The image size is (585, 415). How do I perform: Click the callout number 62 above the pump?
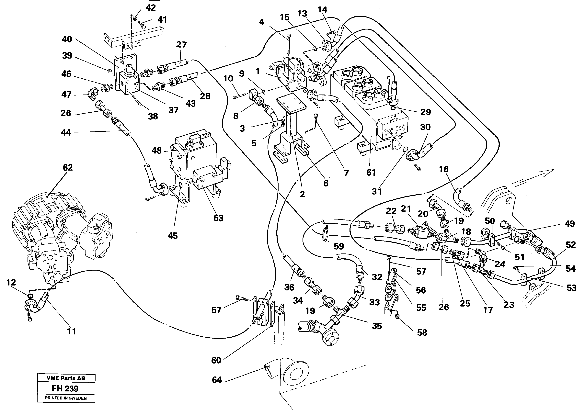click(68, 168)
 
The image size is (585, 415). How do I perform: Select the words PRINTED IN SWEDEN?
click(66, 398)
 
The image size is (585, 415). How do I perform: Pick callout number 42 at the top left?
click(151, 8)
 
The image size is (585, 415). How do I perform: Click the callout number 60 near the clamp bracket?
click(216, 360)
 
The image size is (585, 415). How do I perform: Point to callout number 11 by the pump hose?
click(71, 331)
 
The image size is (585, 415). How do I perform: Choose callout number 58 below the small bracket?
click(422, 332)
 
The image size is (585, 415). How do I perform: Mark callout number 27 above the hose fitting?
click(181, 45)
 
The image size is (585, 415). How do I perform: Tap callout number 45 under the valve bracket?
click(173, 236)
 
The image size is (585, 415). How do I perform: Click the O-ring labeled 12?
click(30, 296)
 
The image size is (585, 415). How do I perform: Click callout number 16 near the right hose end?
click(444, 169)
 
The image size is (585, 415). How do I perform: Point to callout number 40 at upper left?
click(67, 39)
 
